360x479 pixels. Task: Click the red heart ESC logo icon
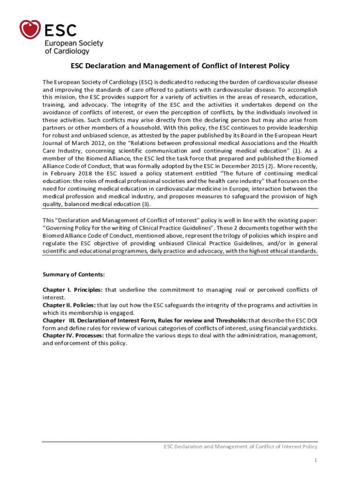point(30,29)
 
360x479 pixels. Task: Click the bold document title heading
point(180,66)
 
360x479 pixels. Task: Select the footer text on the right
point(240,446)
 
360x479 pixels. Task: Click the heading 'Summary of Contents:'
point(73,275)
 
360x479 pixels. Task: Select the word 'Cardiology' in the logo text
point(67,51)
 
